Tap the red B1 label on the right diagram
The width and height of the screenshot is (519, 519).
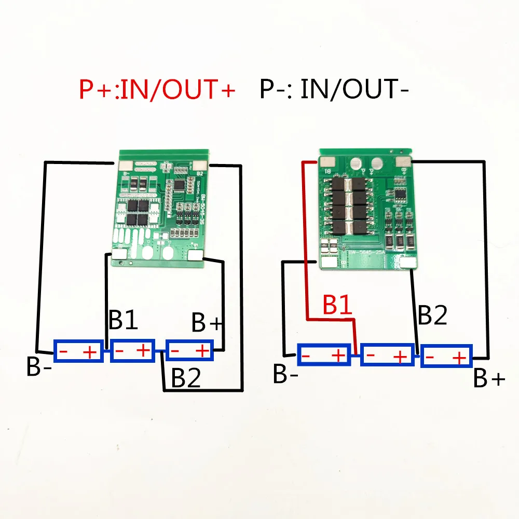point(338,306)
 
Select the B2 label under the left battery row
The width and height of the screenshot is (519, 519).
point(186,378)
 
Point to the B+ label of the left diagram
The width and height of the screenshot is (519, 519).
point(207,322)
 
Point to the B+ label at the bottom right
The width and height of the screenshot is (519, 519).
point(489,379)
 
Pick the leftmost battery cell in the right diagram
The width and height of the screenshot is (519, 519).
point(324,356)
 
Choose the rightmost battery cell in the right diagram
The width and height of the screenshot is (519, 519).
point(446,358)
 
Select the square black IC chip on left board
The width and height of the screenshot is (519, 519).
point(180,184)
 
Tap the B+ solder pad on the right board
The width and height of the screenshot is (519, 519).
point(405,162)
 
